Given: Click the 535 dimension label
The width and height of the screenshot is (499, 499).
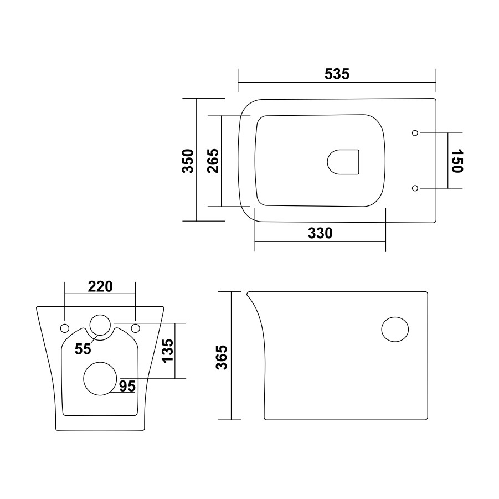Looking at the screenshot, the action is pos(337,74).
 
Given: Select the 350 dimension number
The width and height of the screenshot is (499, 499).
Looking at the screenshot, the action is pos(188,161).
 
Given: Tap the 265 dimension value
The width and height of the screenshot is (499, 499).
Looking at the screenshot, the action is pos(213,161).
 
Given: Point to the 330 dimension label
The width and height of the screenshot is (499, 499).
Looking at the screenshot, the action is pos(320,233).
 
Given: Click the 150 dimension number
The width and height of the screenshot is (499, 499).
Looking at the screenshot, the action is pos(457,161).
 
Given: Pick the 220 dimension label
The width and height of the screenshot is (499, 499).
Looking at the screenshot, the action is pos(100,287).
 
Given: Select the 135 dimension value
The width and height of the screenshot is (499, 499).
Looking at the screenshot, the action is pos(168,351).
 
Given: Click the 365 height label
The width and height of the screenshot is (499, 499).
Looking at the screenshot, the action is pos(222,357).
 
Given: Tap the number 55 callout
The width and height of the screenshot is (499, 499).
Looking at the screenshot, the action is pos(83,349).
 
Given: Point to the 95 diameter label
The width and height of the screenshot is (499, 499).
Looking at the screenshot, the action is pos(127,387).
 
